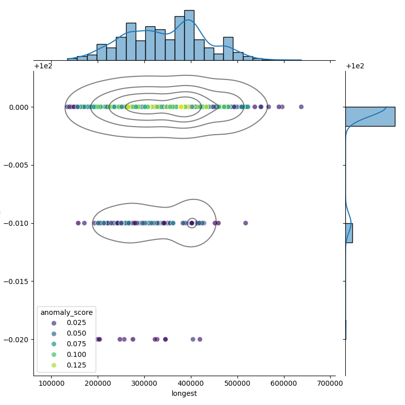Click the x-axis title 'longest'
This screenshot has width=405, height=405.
[184, 393]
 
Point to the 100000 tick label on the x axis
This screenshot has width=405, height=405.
[51, 383]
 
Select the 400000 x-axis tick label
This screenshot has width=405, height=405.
[191, 383]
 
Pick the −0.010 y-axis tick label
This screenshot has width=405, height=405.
[17, 223]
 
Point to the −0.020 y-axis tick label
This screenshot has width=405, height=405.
[17, 339]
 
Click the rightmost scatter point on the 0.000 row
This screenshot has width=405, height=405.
[301, 107]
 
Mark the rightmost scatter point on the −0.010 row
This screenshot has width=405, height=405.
[246, 223]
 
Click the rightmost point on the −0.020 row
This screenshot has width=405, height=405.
[200, 339]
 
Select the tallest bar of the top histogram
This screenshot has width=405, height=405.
[189, 35]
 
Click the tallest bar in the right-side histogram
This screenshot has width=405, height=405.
[370, 116]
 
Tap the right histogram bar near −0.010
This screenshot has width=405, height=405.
[349, 233]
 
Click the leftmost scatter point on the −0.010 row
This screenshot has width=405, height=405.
[78, 223]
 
